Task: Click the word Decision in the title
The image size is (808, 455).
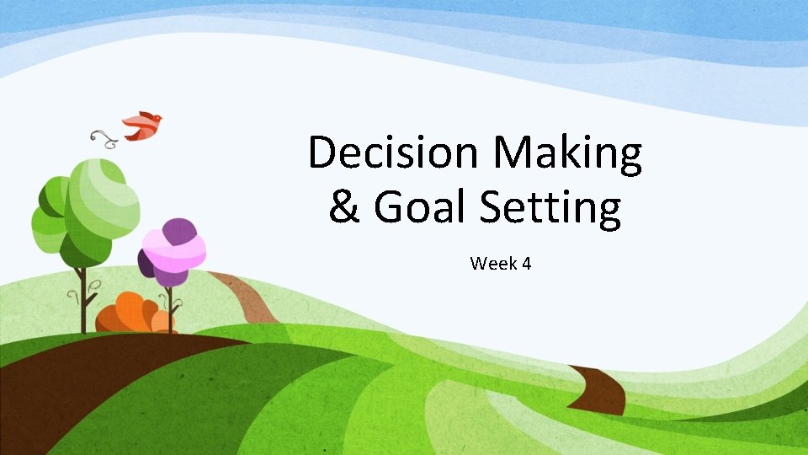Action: (x=394, y=154)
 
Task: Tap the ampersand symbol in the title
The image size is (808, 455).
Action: (x=344, y=208)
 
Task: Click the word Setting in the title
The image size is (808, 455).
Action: (x=551, y=209)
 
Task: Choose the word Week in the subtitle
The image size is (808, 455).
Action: (x=488, y=264)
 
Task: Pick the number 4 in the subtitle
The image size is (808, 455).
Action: (x=526, y=264)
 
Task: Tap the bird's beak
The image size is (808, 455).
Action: (x=160, y=118)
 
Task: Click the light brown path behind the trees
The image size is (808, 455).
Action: (x=244, y=295)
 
